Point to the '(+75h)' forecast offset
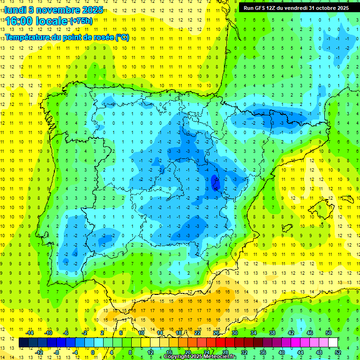tap(81, 21)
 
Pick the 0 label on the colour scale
tap(93, 352)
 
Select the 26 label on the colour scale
tap(216, 333)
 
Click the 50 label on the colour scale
tap(329, 333)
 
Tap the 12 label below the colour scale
tap(150, 352)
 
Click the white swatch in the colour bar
tap(333, 343)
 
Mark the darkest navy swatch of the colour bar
tap(23, 343)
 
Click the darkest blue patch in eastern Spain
tap(215, 182)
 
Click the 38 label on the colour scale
tap(272, 333)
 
